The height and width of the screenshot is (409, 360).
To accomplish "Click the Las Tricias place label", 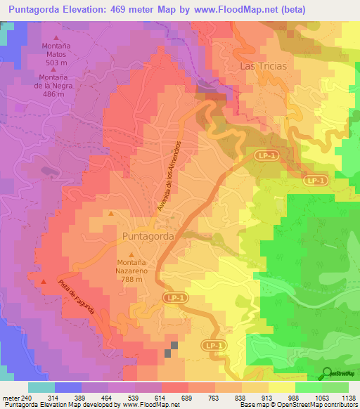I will coord(264,66).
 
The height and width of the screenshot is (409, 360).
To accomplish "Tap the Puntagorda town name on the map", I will coord(148,237).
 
